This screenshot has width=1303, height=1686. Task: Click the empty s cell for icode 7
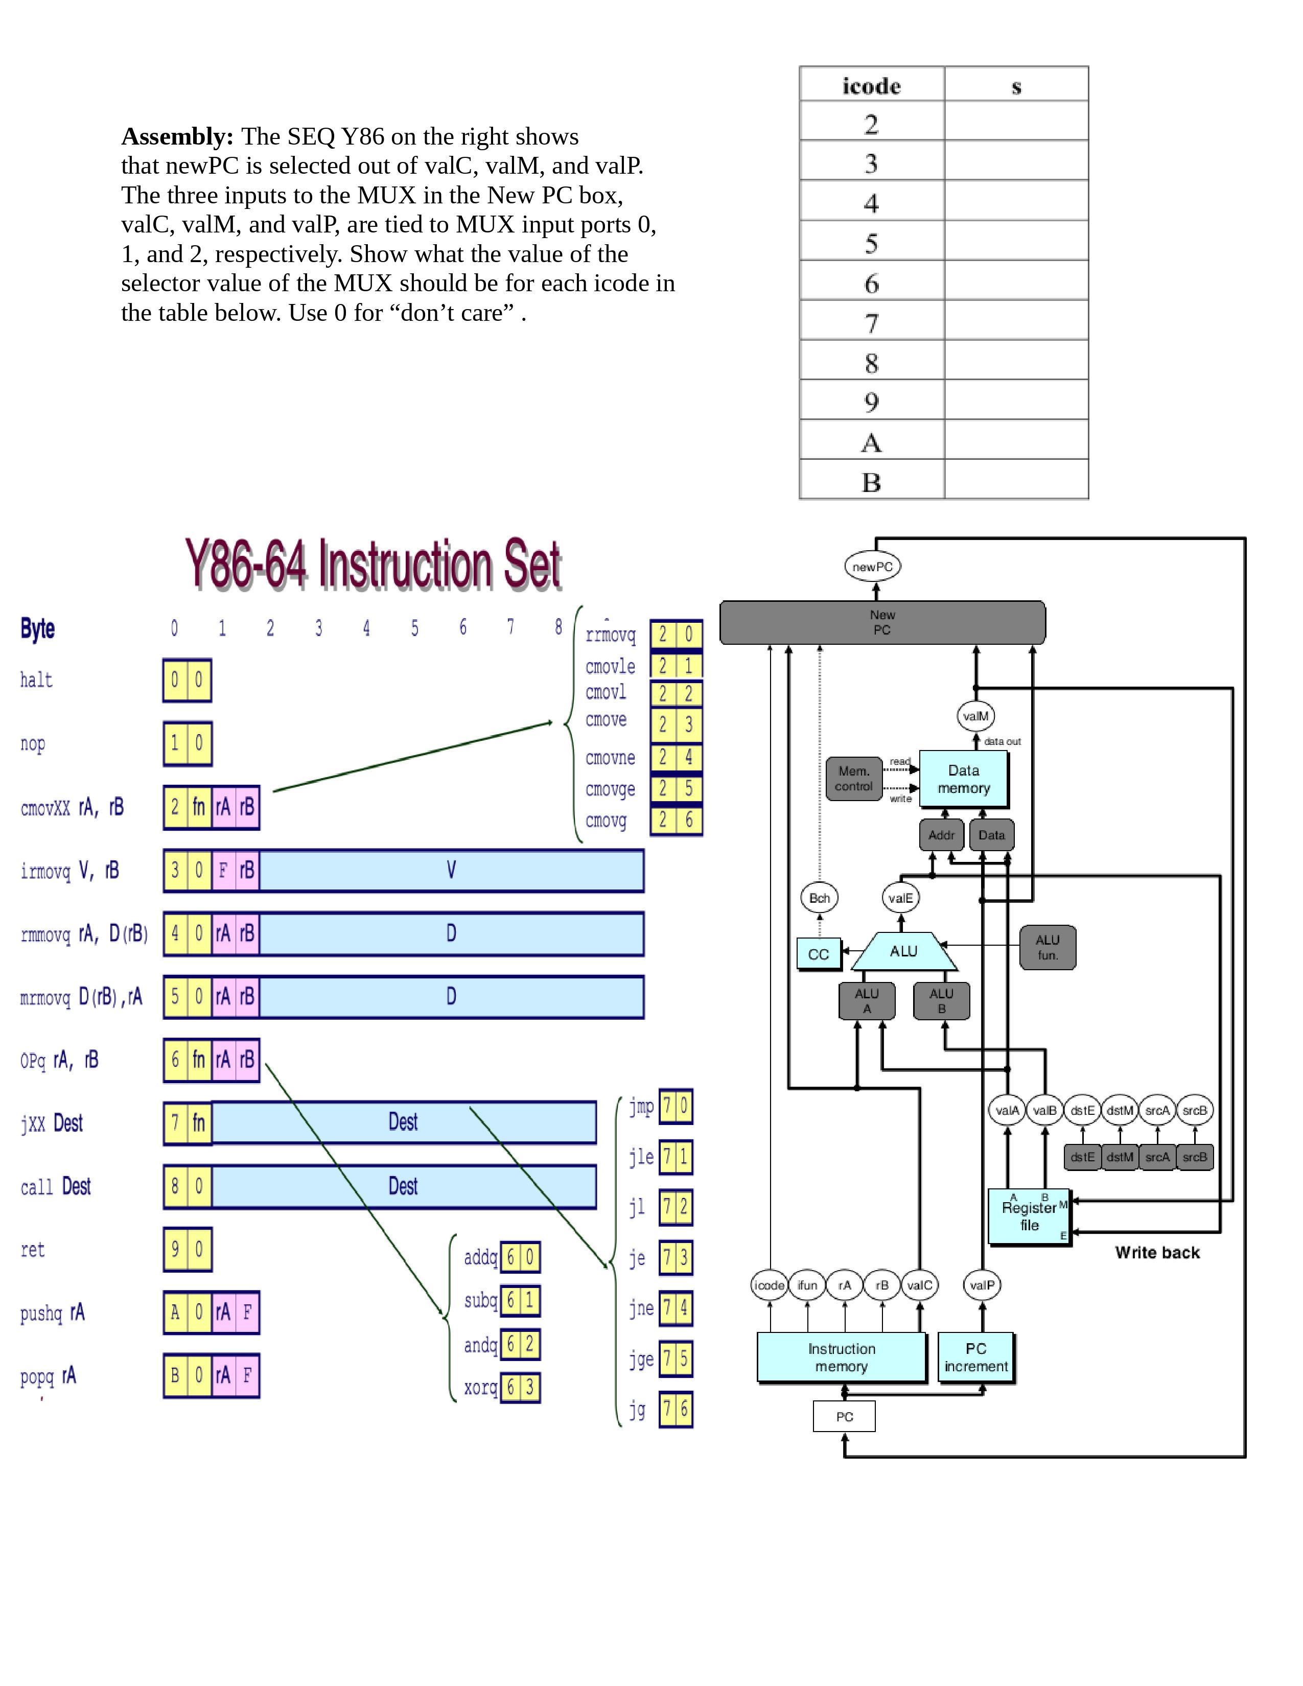point(1016,320)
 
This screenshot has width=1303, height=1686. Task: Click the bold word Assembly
point(177,136)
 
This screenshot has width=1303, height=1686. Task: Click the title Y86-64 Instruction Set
point(373,565)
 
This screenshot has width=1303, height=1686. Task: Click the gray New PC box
point(881,622)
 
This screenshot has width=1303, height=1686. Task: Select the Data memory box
point(963,779)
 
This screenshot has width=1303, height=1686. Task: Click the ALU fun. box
point(1046,947)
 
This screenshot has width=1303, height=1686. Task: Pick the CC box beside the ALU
point(818,954)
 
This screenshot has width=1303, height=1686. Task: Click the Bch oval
point(819,898)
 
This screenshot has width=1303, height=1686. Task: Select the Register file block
point(1029,1216)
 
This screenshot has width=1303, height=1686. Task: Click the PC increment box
point(975,1356)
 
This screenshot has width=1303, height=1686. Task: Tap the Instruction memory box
point(842,1356)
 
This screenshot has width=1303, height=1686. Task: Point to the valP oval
point(982,1285)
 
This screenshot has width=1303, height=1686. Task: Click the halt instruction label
point(36,680)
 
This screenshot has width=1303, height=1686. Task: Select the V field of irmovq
point(451,871)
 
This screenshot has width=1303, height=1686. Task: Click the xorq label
point(480,1387)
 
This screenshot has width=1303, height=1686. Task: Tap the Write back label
point(1156,1253)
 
